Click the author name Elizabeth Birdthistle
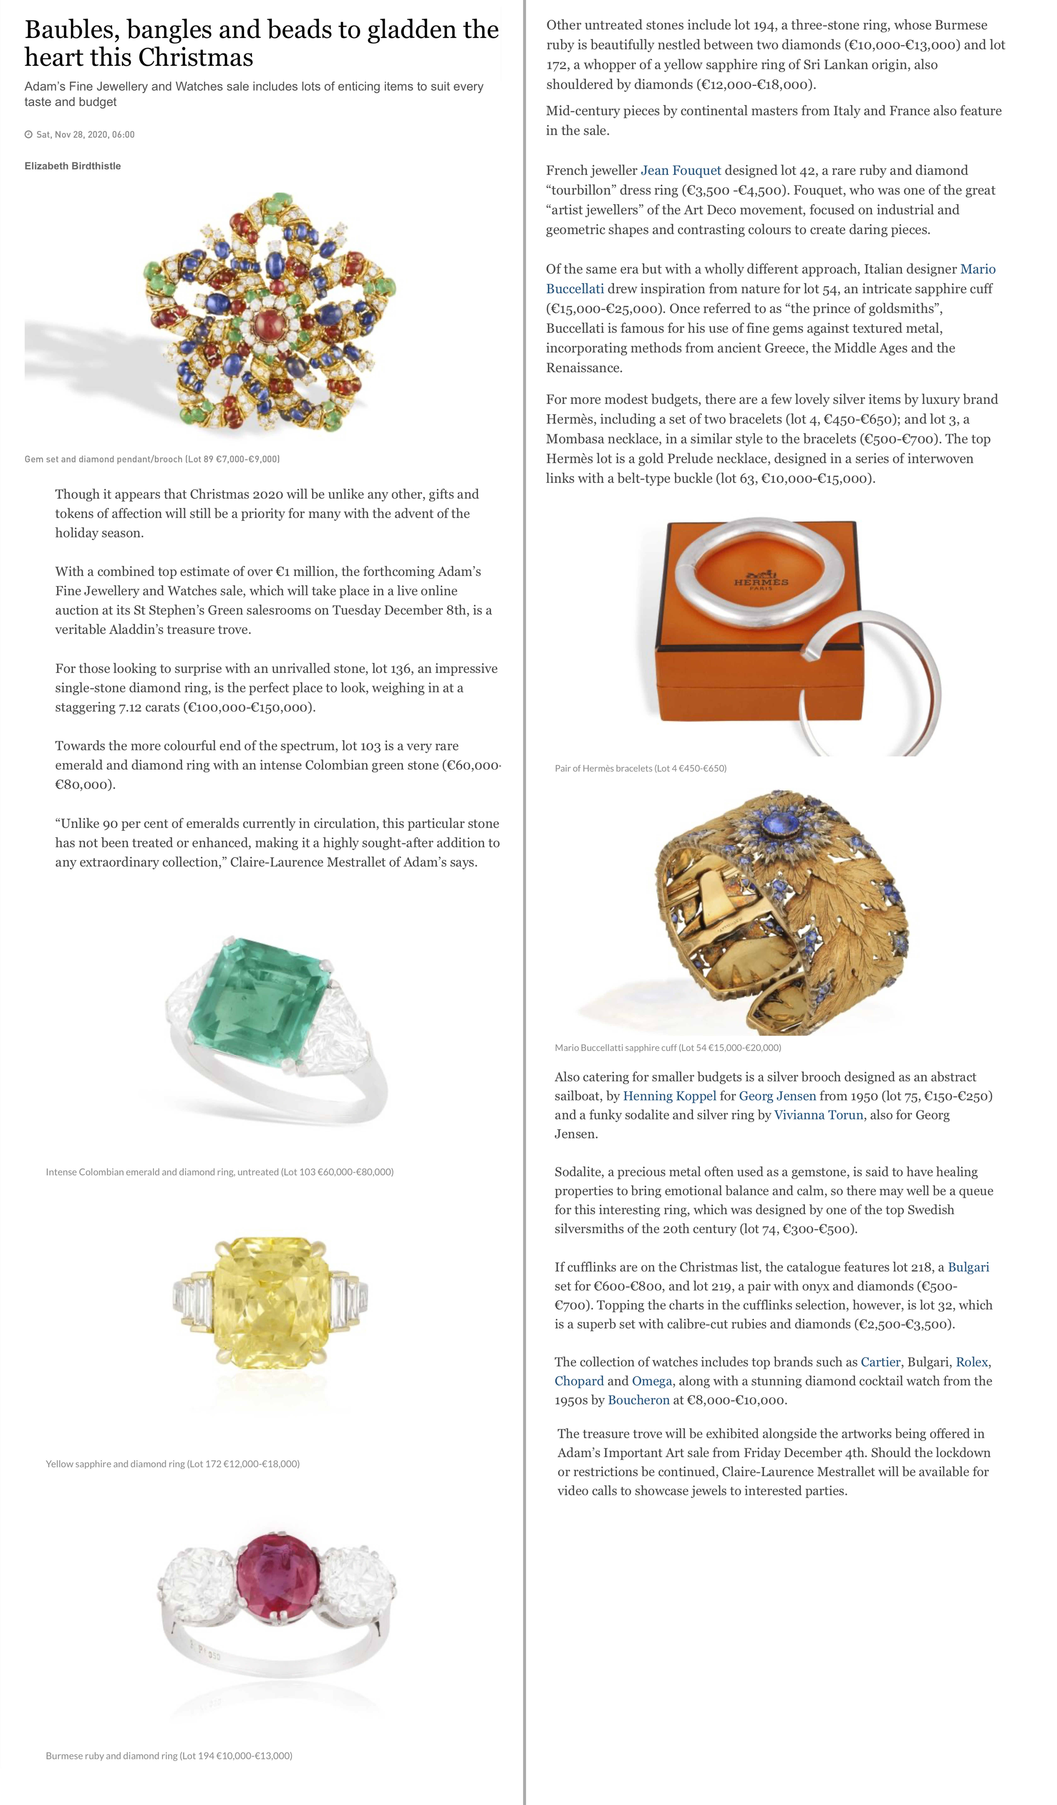[x=72, y=166]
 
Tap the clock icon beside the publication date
[x=29, y=135]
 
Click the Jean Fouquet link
[x=680, y=171]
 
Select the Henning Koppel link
[x=669, y=1096]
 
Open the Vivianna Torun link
[x=819, y=1115]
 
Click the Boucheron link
[x=638, y=1400]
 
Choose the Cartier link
[x=880, y=1362]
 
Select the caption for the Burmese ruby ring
[x=169, y=1756]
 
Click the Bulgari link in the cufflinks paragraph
[x=968, y=1267]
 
